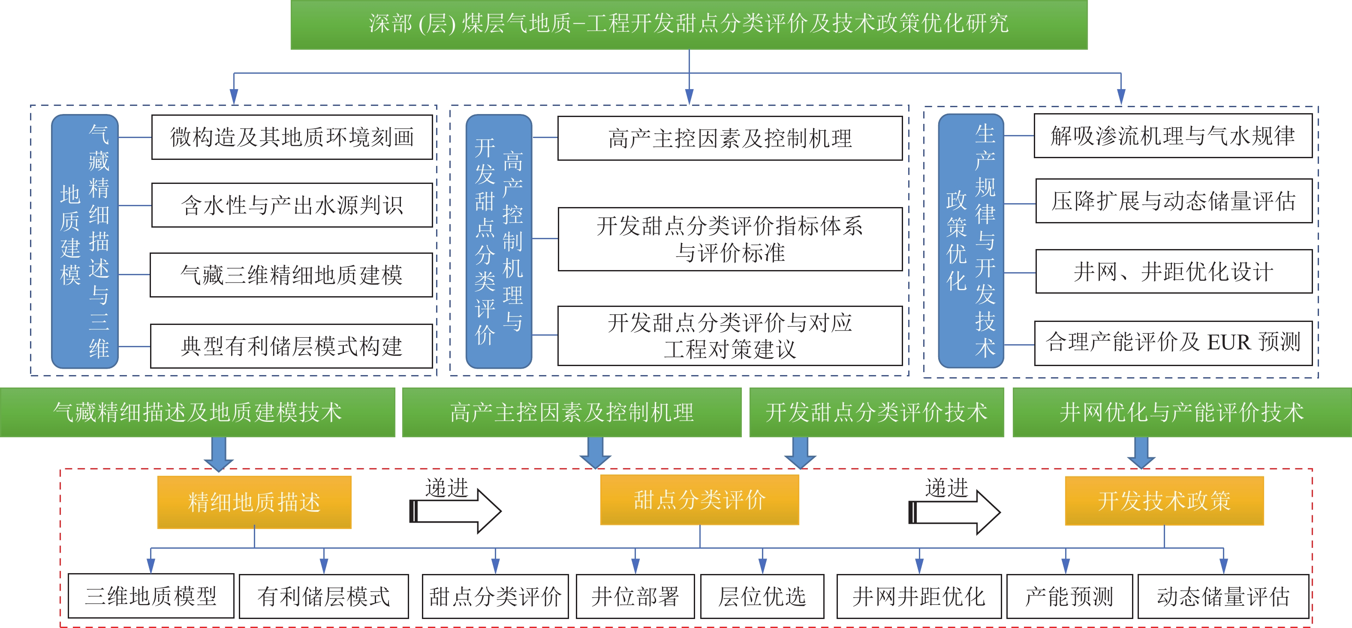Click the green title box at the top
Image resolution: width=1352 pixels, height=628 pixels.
[x=689, y=24]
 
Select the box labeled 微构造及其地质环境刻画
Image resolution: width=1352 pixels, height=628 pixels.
[x=292, y=137]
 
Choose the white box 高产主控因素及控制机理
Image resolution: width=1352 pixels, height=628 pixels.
[x=729, y=138]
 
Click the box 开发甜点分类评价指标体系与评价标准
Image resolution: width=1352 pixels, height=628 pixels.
[x=729, y=239]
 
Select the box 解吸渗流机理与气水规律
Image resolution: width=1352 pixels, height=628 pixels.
[x=1172, y=136]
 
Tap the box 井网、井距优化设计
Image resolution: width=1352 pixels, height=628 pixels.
[x=1174, y=271]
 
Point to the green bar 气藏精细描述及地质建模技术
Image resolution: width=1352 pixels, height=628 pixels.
[x=197, y=412]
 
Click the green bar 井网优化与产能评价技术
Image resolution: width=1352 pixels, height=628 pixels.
[x=1181, y=412]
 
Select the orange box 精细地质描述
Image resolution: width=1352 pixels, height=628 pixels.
[x=254, y=502]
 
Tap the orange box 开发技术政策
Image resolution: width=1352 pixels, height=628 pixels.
[x=1164, y=501]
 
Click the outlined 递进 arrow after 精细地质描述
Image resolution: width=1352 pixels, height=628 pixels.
[x=455, y=511]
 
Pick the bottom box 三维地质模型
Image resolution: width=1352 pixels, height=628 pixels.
[x=151, y=596]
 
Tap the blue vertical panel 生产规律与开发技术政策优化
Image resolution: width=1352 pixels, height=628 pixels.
[x=970, y=241]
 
